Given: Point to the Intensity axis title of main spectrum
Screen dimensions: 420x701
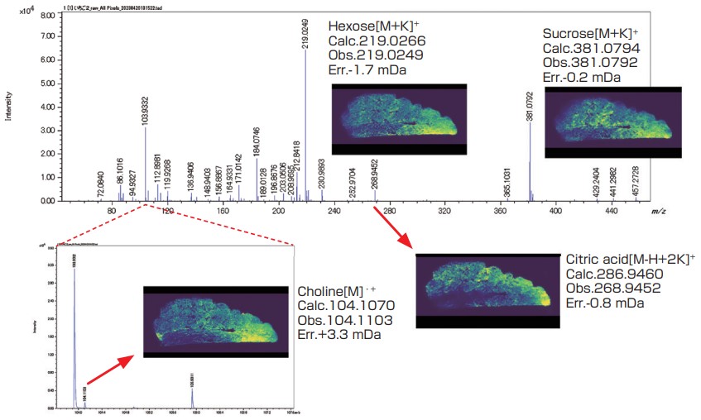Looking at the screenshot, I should click(x=8, y=107).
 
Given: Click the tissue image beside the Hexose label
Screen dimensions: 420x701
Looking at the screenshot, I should click(x=399, y=119).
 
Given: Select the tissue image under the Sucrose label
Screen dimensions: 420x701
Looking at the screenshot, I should click(x=612, y=122).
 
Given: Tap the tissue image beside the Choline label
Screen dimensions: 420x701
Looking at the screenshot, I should click(x=216, y=322).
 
